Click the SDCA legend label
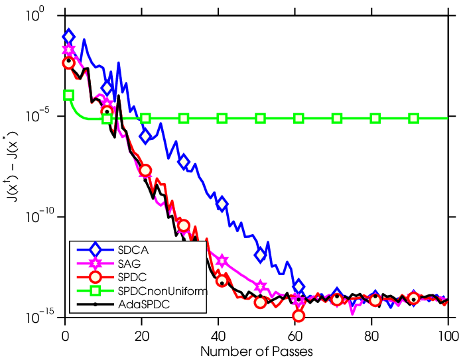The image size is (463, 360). [x=133, y=250]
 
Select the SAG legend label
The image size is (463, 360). [x=129, y=263]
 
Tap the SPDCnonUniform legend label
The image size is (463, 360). [x=163, y=291]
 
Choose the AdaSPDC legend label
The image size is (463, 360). [x=144, y=304]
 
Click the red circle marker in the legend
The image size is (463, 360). [x=95, y=277]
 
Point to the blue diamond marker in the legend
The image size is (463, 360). [x=95, y=250]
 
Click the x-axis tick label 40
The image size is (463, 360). [x=218, y=336]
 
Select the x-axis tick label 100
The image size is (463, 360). [x=448, y=336]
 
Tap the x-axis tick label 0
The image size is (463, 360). [x=65, y=336]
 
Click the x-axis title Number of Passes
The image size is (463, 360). [x=257, y=351]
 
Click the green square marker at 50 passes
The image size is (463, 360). [x=260, y=119]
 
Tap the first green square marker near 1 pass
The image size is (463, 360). [x=68, y=95]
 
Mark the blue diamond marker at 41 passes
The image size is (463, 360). [x=222, y=204]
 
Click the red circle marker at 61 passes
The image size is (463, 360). [x=298, y=316]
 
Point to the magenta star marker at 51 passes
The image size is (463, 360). [x=260, y=286]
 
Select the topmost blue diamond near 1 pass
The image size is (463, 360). [x=68, y=36]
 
